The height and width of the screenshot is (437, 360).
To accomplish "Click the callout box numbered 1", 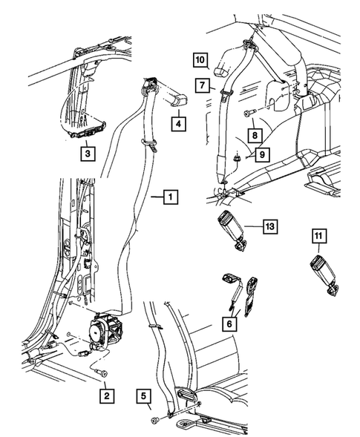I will (x=170, y=197).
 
